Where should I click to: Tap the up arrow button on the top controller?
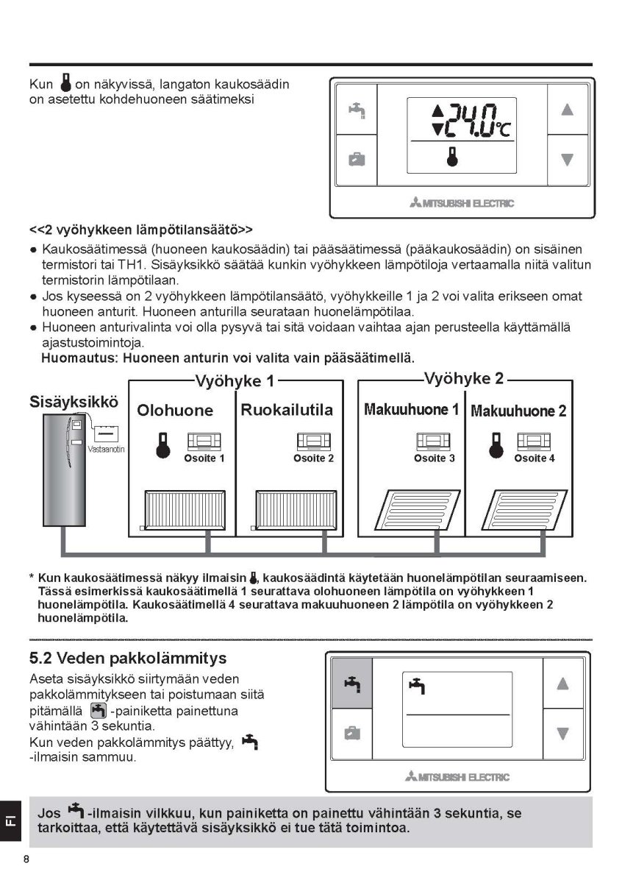tap(567, 110)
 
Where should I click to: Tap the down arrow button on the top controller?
tap(567, 159)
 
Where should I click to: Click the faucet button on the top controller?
tap(357, 110)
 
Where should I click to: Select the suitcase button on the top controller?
tap(357, 159)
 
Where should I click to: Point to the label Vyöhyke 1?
tap(235, 381)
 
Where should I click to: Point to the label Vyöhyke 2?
tap(463, 379)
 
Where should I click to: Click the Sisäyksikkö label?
tap(74, 403)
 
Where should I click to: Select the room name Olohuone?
tap(175, 411)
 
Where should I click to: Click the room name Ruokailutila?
tap(287, 410)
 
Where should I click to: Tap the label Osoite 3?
tap(434, 458)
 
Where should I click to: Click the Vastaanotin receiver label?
tap(103, 450)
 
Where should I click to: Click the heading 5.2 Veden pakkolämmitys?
tap(128, 657)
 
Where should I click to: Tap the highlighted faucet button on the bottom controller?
tap(352, 684)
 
